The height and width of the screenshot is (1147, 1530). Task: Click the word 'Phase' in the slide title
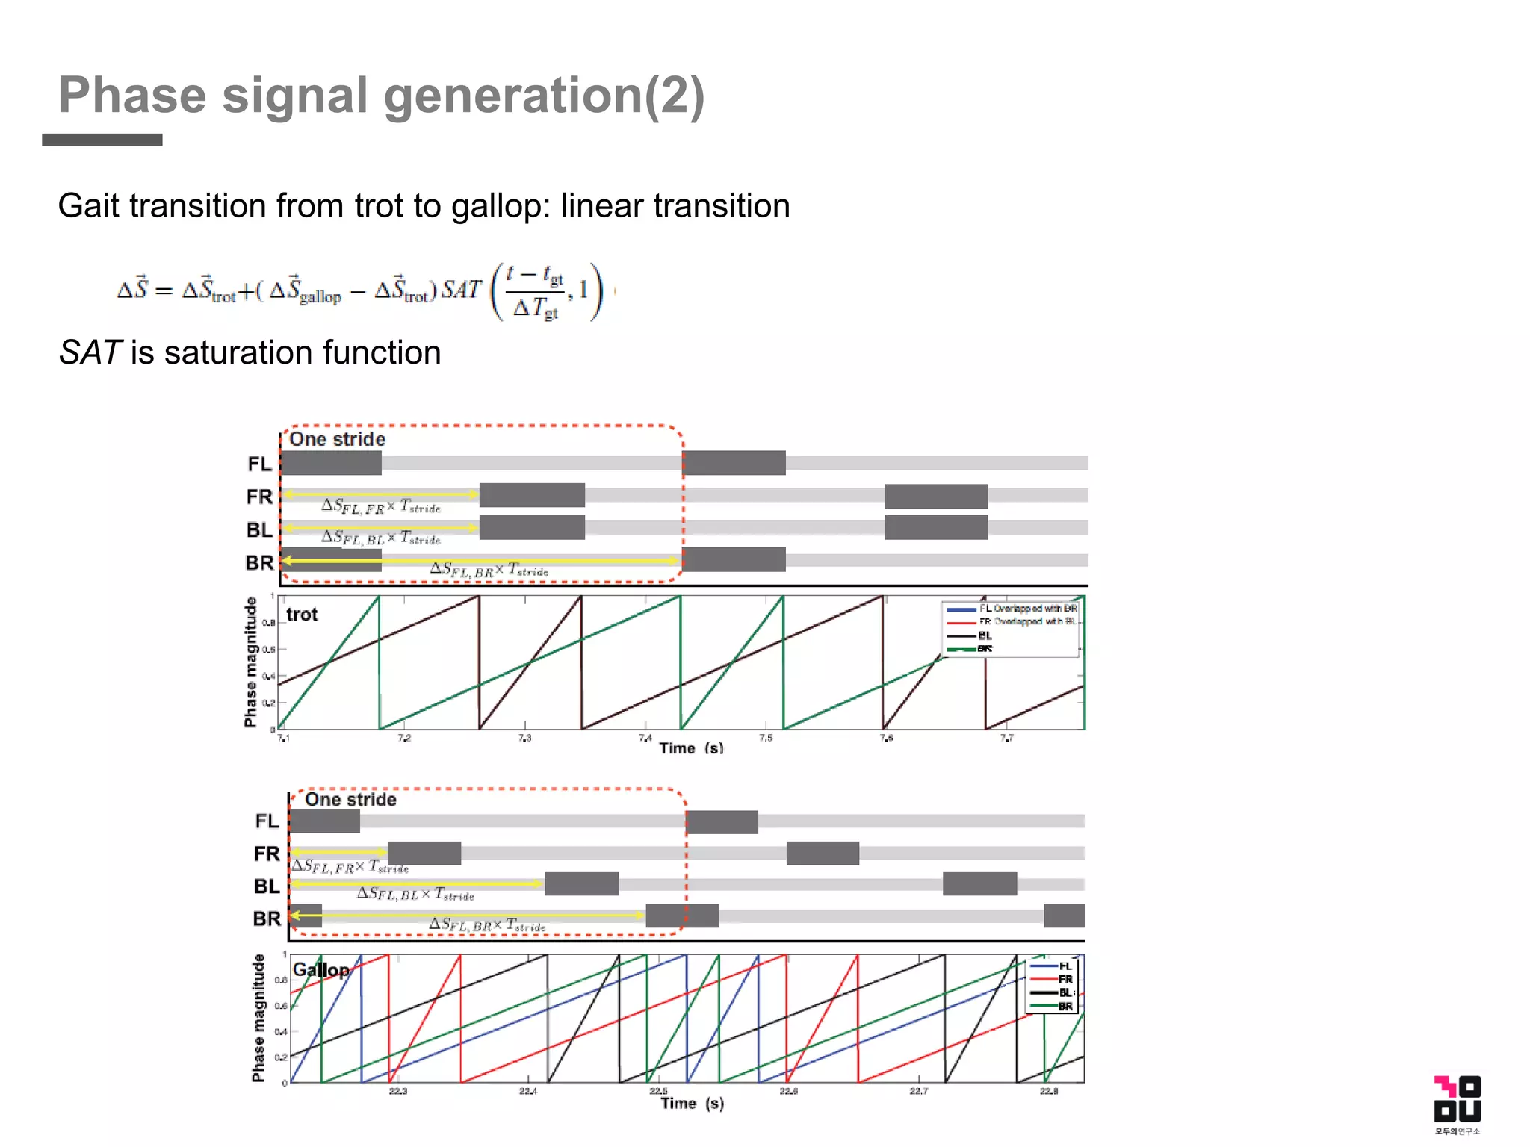132,96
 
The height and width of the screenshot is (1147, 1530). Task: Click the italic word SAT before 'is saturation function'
90,352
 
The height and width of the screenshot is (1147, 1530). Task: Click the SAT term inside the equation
461,290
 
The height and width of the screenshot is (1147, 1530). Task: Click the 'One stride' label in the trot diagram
337,439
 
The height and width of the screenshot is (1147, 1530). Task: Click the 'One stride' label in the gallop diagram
350,800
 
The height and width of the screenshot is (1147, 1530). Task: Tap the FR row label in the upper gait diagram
259,497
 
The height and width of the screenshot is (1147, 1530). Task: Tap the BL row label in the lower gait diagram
266,886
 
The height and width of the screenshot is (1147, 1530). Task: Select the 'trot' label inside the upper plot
302,615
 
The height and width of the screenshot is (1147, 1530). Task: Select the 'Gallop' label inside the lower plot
320,970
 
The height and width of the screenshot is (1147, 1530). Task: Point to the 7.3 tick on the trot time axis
524,738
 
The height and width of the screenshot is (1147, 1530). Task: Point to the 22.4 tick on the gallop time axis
527,1091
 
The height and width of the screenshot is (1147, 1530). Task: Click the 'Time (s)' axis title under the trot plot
691,748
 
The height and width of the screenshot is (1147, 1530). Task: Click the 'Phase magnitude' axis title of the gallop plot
258,1018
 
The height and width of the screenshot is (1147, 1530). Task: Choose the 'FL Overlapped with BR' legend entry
1027,609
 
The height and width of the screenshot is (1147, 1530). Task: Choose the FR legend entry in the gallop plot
1064,979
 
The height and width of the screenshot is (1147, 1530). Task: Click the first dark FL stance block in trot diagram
331,463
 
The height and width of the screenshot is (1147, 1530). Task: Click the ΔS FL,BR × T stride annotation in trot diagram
489,570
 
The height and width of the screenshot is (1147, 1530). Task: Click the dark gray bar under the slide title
102,140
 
